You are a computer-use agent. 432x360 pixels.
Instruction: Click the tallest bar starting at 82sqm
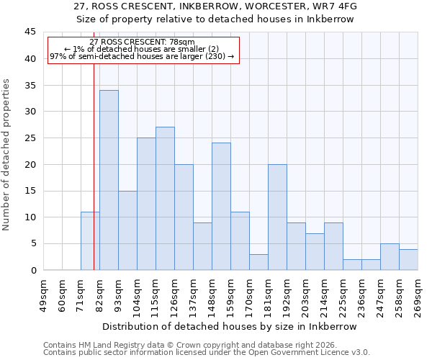tap(109, 180)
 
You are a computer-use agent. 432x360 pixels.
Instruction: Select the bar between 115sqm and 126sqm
tap(165, 199)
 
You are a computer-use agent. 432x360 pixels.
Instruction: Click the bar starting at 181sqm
tap(277, 217)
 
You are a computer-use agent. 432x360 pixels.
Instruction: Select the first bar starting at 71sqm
tap(90, 241)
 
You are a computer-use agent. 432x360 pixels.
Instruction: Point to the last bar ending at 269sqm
tap(408, 259)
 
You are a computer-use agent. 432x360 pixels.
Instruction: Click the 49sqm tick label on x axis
tap(43, 296)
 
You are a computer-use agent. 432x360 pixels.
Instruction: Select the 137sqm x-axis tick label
tap(193, 296)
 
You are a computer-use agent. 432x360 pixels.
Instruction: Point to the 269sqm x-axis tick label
tap(418, 296)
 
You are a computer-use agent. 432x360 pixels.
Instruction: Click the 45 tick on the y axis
tap(30, 32)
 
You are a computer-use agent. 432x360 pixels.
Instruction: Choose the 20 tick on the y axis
tap(30, 164)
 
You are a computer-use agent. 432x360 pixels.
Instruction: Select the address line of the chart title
tap(215, 6)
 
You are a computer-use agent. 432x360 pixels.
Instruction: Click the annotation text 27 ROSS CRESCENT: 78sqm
tap(142, 42)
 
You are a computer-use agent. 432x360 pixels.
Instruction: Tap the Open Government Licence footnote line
tap(207, 353)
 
